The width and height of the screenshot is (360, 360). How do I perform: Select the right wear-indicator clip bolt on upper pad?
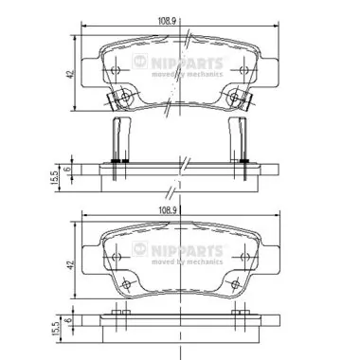[x=236, y=98]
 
